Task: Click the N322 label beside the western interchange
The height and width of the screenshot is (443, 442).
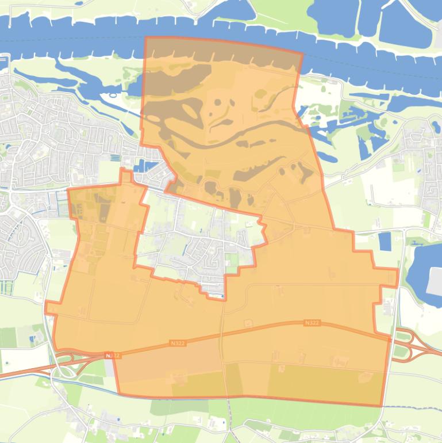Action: pyautogui.click(x=113, y=356)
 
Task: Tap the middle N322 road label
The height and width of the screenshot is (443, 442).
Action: pyautogui.click(x=178, y=343)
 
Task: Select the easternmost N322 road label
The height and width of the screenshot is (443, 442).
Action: pyautogui.click(x=312, y=323)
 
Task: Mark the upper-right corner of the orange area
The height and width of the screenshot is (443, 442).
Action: pyautogui.click(x=302, y=54)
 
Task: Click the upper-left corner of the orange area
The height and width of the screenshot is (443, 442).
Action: pyautogui.click(x=146, y=38)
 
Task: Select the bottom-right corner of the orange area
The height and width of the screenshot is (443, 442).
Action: pyautogui.click(x=381, y=406)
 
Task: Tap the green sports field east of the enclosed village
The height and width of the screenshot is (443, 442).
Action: pyautogui.click(x=232, y=260)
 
